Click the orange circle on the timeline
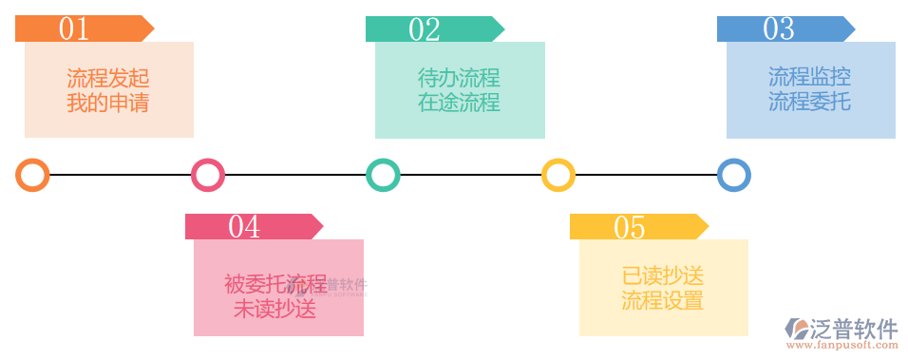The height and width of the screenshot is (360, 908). tap(32, 175)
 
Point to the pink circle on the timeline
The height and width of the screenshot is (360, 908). tap(207, 175)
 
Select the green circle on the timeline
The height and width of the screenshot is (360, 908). tap(383, 175)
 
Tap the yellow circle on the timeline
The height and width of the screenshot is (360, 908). tap(558, 175)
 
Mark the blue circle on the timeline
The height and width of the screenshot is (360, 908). tap(733, 175)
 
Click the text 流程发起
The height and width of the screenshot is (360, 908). tap(108, 78)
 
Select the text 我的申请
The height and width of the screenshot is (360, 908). tap(108, 102)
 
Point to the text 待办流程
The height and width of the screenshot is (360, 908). tap(459, 78)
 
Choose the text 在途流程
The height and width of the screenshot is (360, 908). tap(459, 102)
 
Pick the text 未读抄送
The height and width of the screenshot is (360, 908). tap(274, 309)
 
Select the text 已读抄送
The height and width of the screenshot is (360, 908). tap(663, 276)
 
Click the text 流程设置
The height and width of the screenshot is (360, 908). tap(663, 301)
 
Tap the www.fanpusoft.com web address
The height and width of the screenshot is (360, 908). tap(841, 349)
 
